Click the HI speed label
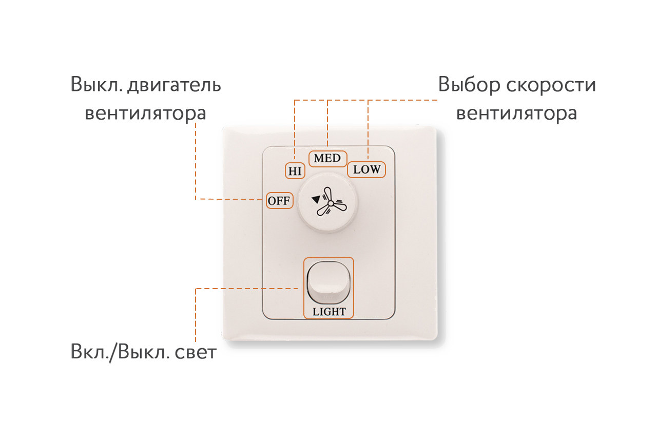coord(295,171)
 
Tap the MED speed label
coord(327,159)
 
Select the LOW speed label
coord(366,169)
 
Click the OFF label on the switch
coord(279,201)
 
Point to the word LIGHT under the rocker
coord(329,312)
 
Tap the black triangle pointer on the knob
coord(316,200)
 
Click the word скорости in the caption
coord(551,85)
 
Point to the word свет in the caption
coord(196,352)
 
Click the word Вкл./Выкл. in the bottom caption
coord(120,352)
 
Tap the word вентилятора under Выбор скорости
coord(516,114)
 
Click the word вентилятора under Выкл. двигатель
coord(145,114)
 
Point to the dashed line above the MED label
coord(327,123)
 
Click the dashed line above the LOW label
coord(368,130)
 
